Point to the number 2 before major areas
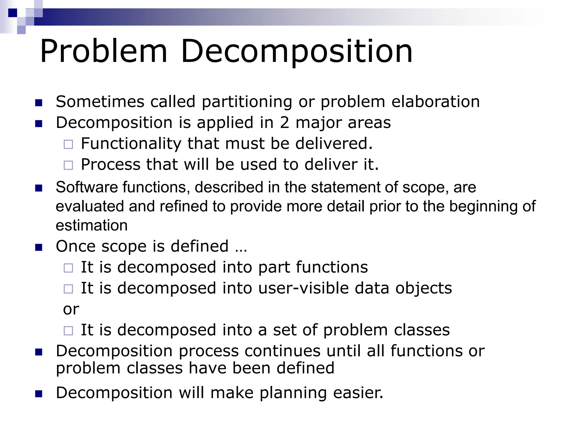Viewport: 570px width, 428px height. coord(284,123)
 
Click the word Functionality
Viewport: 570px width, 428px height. coord(131,144)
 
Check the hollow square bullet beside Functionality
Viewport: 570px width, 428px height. coord(68,144)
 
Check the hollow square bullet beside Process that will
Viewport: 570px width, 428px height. coord(68,165)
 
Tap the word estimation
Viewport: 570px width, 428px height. coord(92,225)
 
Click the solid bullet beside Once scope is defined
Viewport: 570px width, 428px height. coord(39,247)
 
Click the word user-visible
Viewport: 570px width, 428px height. coord(303,288)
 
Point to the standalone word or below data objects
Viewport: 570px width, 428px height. coord(71,309)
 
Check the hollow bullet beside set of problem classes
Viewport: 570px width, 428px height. coord(68,331)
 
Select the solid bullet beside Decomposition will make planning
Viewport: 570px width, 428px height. coord(39,394)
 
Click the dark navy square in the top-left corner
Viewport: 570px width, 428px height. coord(13,13)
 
